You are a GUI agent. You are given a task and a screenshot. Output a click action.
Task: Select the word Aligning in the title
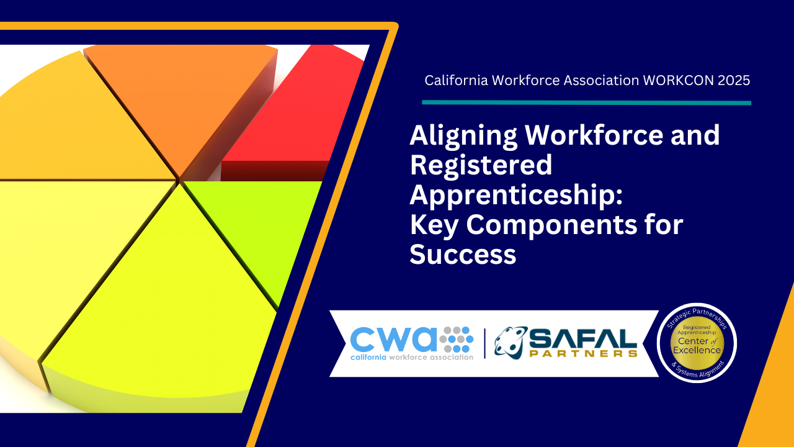coord(463,137)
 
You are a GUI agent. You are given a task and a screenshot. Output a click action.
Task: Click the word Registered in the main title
coord(481,165)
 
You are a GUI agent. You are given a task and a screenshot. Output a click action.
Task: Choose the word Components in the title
coord(552,226)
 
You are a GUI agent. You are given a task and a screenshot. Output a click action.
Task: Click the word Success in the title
coord(463,254)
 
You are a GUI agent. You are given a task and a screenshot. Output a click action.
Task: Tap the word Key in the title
coord(435,225)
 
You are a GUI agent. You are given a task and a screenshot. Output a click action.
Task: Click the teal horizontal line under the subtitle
coord(586,103)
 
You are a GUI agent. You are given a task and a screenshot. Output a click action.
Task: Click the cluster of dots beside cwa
coord(456,339)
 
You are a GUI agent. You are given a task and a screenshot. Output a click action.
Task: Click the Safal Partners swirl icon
coord(511,342)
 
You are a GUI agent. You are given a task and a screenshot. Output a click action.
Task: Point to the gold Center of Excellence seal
coord(697,343)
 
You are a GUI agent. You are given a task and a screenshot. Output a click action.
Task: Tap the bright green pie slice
coord(255,227)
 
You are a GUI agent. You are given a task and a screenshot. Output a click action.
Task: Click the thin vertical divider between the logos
coord(484,343)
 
